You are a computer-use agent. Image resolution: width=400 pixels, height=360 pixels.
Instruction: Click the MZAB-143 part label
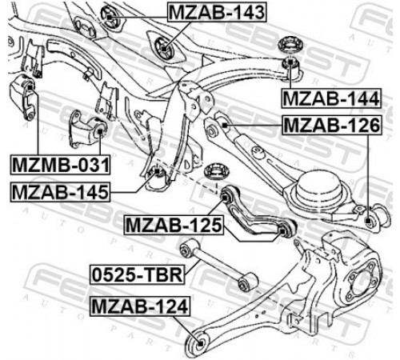[x=217, y=12]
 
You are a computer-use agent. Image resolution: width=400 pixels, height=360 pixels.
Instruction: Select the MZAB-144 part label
[x=331, y=98]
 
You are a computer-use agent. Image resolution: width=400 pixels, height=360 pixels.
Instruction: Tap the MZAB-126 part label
[x=332, y=126]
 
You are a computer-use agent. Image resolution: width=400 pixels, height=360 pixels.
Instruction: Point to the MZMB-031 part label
[x=60, y=165]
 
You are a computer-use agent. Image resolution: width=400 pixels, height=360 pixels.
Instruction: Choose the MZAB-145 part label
[x=60, y=192]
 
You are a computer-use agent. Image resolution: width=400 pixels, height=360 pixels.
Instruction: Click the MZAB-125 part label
[x=174, y=225]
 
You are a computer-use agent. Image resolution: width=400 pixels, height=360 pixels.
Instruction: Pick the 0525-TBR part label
[x=138, y=274]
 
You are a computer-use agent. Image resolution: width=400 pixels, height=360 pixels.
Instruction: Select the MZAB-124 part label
[x=140, y=306]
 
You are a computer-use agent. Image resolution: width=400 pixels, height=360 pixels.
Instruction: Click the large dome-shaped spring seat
[x=319, y=190]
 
